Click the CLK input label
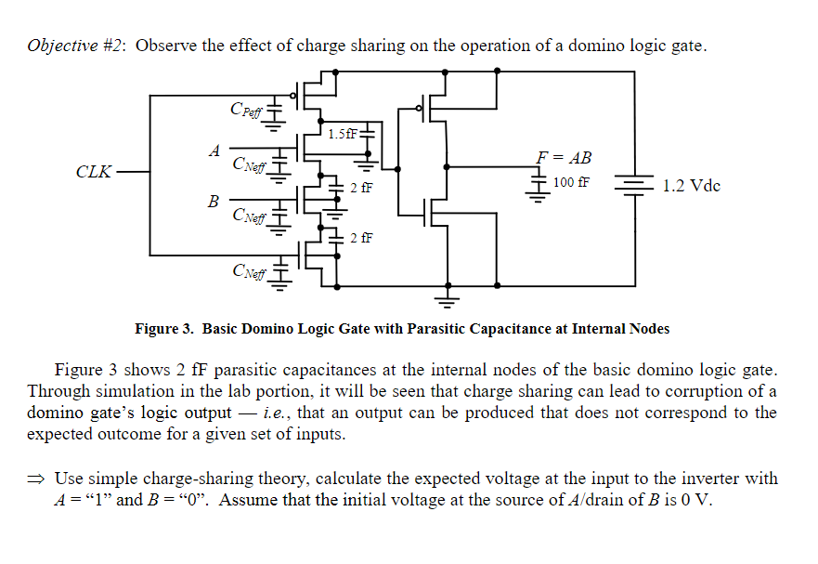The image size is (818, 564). click(x=94, y=171)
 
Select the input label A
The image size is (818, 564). click(x=214, y=151)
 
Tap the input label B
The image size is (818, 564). click(x=213, y=201)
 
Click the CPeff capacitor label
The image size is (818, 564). click(x=246, y=110)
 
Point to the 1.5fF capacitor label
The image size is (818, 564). click(x=343, y=134)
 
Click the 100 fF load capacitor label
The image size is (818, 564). click(x=571, y=182)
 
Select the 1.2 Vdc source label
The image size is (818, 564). click(x=691, y=186)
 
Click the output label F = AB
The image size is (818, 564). click(x=564, y=157)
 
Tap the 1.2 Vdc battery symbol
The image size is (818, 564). click(x=634, y=184)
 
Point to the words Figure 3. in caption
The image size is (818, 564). click(x=163, y=329)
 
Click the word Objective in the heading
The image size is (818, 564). click(x=62, y=46)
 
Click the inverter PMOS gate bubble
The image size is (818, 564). click(x=419, y=109)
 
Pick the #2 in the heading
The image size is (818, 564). click(x=112, y=46)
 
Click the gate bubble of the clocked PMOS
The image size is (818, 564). click(x=293, y=96)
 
